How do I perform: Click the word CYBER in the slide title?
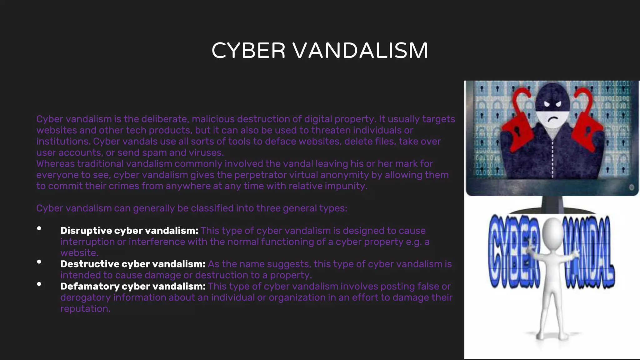[248, 51]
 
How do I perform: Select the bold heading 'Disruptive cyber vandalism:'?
[129, 231]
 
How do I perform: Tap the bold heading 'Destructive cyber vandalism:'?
[133, 264]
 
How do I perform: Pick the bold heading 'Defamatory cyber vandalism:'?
[133, 286]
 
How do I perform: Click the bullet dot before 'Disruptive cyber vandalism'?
[39, 228]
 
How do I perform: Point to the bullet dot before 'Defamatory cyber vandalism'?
[39, 284]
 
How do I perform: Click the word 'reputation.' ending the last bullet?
[85, 309]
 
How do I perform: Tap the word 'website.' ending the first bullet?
[79, 253]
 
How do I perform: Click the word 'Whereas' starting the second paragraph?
[55, 164]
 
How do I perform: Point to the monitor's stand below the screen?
[552, 204]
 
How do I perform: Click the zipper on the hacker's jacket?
[552, 156]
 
